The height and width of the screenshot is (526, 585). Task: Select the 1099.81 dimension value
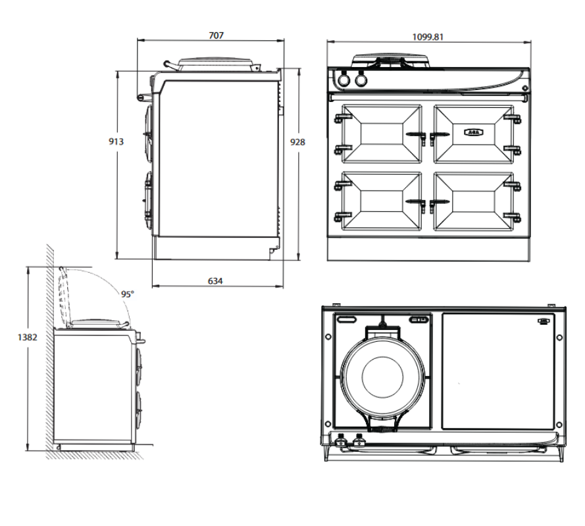point(428,37)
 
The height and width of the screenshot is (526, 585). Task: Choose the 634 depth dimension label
point(215,281)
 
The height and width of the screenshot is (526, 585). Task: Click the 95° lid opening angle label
point(127,294)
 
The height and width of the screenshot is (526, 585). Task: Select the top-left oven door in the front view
point(381,133)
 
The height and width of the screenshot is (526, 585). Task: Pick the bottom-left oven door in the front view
point(381,201)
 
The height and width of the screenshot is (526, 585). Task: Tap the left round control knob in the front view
point(343,80)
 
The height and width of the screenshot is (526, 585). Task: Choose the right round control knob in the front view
point(361,80)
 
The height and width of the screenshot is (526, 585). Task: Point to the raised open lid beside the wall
point(64,296)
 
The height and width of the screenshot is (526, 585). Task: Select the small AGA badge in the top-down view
point(543,322)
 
